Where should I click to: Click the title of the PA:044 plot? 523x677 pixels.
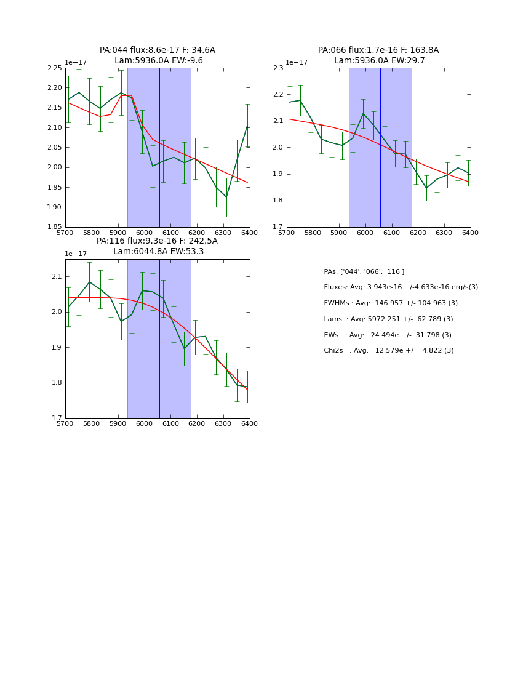click(158, 55)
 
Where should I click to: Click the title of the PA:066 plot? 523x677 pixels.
click(378, 55)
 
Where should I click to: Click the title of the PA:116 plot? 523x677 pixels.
click(158, 246)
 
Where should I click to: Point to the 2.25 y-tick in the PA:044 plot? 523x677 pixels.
click(54, 68)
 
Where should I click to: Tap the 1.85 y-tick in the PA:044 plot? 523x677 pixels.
click(54, 227)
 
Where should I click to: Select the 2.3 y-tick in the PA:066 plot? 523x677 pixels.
click(277, 68)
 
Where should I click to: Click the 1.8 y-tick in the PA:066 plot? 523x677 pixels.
click(277, 201)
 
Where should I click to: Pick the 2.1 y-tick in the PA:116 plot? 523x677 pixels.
click(57, 276)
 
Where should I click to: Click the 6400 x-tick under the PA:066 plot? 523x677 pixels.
click(471, 233)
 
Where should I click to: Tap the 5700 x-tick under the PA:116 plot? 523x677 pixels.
click(65, 424)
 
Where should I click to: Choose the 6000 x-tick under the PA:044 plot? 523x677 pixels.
click(144, 233)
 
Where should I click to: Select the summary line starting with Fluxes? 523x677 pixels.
click(401, 287)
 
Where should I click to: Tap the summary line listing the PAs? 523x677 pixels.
click(364, 271)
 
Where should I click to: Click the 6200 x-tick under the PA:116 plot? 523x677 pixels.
click(197, 424)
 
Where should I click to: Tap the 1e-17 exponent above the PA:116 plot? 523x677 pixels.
click(76, 254)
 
